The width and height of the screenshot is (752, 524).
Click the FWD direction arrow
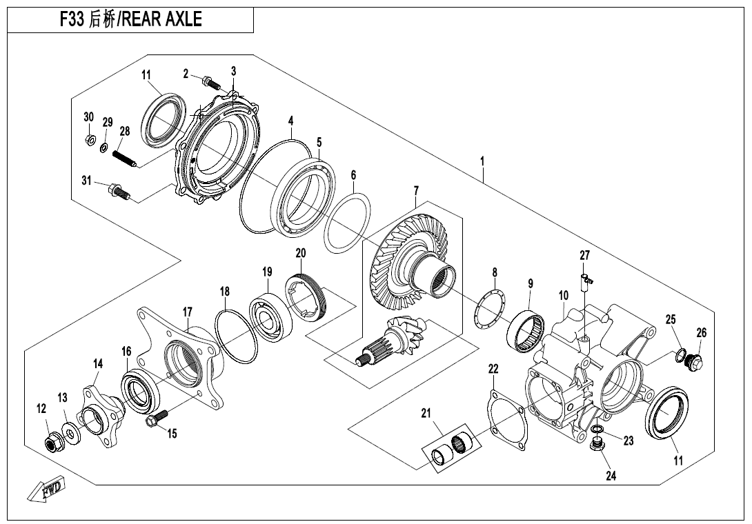point(46,490)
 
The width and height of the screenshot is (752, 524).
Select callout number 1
point(482,161)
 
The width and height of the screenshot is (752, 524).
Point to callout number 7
point(416,190)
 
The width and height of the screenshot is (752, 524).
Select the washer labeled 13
point(70,432)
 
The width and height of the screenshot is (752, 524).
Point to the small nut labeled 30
point(89,141)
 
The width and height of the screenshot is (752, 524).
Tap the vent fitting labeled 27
point(586,279)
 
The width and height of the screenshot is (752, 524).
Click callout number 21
point(426,414)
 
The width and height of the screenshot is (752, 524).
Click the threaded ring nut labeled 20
point(310,295)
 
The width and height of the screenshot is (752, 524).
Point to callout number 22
point(493,370)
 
